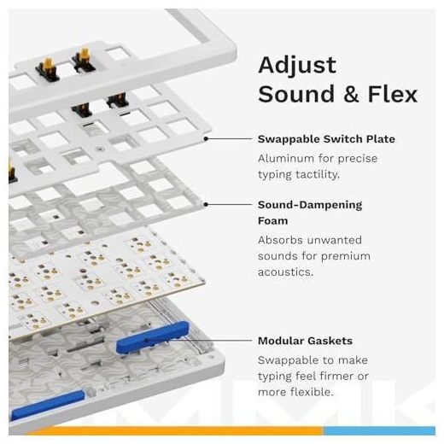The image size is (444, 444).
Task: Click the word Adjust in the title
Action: tap(297, 66)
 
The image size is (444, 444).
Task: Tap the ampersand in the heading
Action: tap(351, 94)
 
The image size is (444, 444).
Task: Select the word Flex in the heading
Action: tap(393, 94)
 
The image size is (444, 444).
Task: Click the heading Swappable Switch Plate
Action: tap(326, 139)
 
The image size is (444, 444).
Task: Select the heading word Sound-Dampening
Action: tap(310, 205)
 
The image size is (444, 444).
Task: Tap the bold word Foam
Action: tap(272, 221)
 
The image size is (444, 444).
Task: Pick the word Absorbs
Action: tap(281, 240)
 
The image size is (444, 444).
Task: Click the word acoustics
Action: tap(285, 272)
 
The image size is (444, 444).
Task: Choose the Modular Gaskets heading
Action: tap(305, 341)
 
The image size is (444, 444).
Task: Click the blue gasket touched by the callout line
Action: tap(153, 337)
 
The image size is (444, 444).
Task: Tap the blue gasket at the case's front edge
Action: tap(48, 406)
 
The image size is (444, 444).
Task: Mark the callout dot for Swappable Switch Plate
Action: tap(206, 138)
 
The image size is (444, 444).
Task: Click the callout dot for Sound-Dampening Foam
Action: tap(206, 204)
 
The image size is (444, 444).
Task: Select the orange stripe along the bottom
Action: tap(175, 430)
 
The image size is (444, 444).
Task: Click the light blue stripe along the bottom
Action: tap(379, 430)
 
